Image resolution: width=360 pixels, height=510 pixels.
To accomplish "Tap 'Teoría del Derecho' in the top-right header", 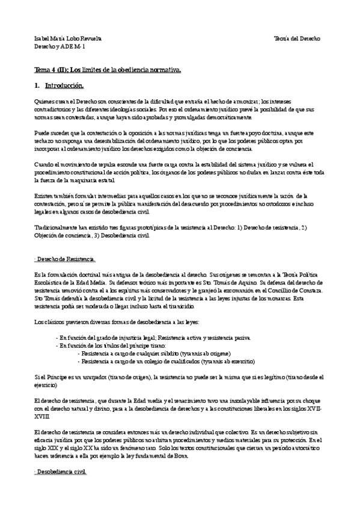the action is (304, 38).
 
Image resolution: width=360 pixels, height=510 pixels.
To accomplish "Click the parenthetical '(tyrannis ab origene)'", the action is (203, 353).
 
